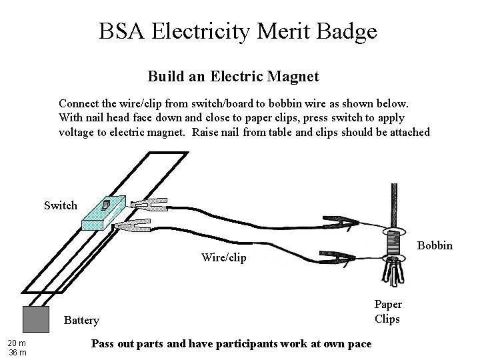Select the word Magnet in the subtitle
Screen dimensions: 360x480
pyautogui.click(x=289, y=77)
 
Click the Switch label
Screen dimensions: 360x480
pyautogui.click(x=61, y=205)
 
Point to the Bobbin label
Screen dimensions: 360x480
pyautogui.click(x=435, y=246)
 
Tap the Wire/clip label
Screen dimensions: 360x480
pyautogui.click(x=223, y=257)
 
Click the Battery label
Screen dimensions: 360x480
pyautogui.click(x=81, y=321)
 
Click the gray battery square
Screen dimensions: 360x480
pyautogui.click(x=36, y=319)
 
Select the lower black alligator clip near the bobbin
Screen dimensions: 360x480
pyautogui.click(x=339, y=256)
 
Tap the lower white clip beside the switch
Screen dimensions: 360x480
pyautogui.click(x=133, y=227)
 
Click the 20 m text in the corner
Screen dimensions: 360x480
pyautogui.click(x=17, y=343)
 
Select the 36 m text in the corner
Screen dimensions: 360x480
pyautogui.click(x=17, y=352)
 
